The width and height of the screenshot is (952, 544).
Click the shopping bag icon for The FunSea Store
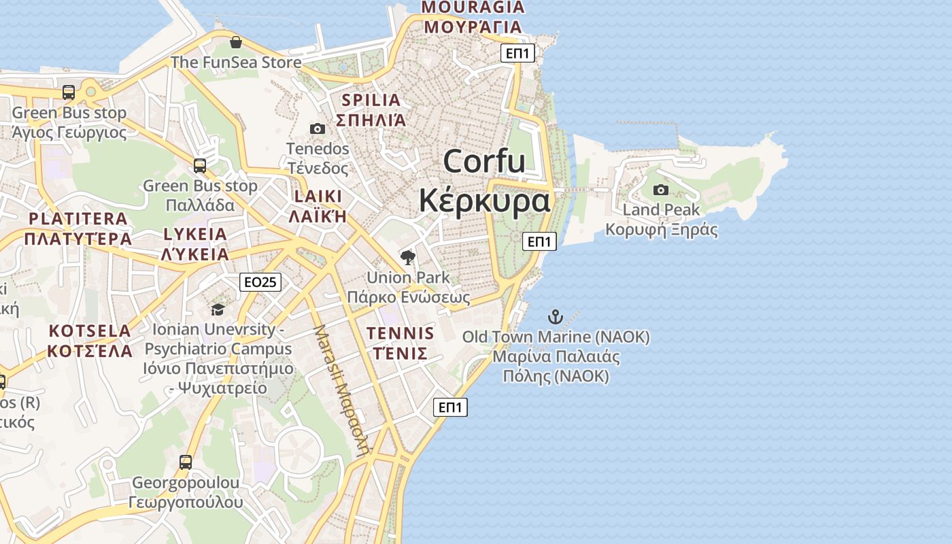(x=236, y=42)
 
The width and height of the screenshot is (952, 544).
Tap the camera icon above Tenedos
(x=317, y=129)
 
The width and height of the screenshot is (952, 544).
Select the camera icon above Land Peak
(x=660, y=190)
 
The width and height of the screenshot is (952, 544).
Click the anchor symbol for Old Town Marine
(x=556, y=316)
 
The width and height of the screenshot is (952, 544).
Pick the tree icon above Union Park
(x=408, y=257)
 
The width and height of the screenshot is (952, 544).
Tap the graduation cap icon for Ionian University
(x=218, y=309)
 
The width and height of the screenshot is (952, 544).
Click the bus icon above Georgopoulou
(x=185, y=462)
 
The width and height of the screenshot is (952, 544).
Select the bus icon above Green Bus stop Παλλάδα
(x=200, y=165)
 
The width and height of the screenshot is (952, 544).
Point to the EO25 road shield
(x=260, y=282)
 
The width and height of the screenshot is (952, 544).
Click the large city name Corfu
(x=484, y=162)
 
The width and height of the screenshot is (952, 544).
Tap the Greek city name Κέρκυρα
(x=484, y=201)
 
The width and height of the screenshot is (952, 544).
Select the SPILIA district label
(x=371, y=100)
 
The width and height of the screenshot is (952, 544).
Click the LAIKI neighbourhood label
(x=318, y=197)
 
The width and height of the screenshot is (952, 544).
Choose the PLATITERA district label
(x=78, y=219)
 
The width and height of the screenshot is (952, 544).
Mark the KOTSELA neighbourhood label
(x=90, y=331)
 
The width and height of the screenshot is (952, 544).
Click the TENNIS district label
(x=401, y=333)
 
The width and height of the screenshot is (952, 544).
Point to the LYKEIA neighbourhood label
(x=195, y=235)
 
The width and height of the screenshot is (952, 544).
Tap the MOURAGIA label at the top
(x=473, y=7)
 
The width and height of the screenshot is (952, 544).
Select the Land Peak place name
(x=661, y=210)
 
